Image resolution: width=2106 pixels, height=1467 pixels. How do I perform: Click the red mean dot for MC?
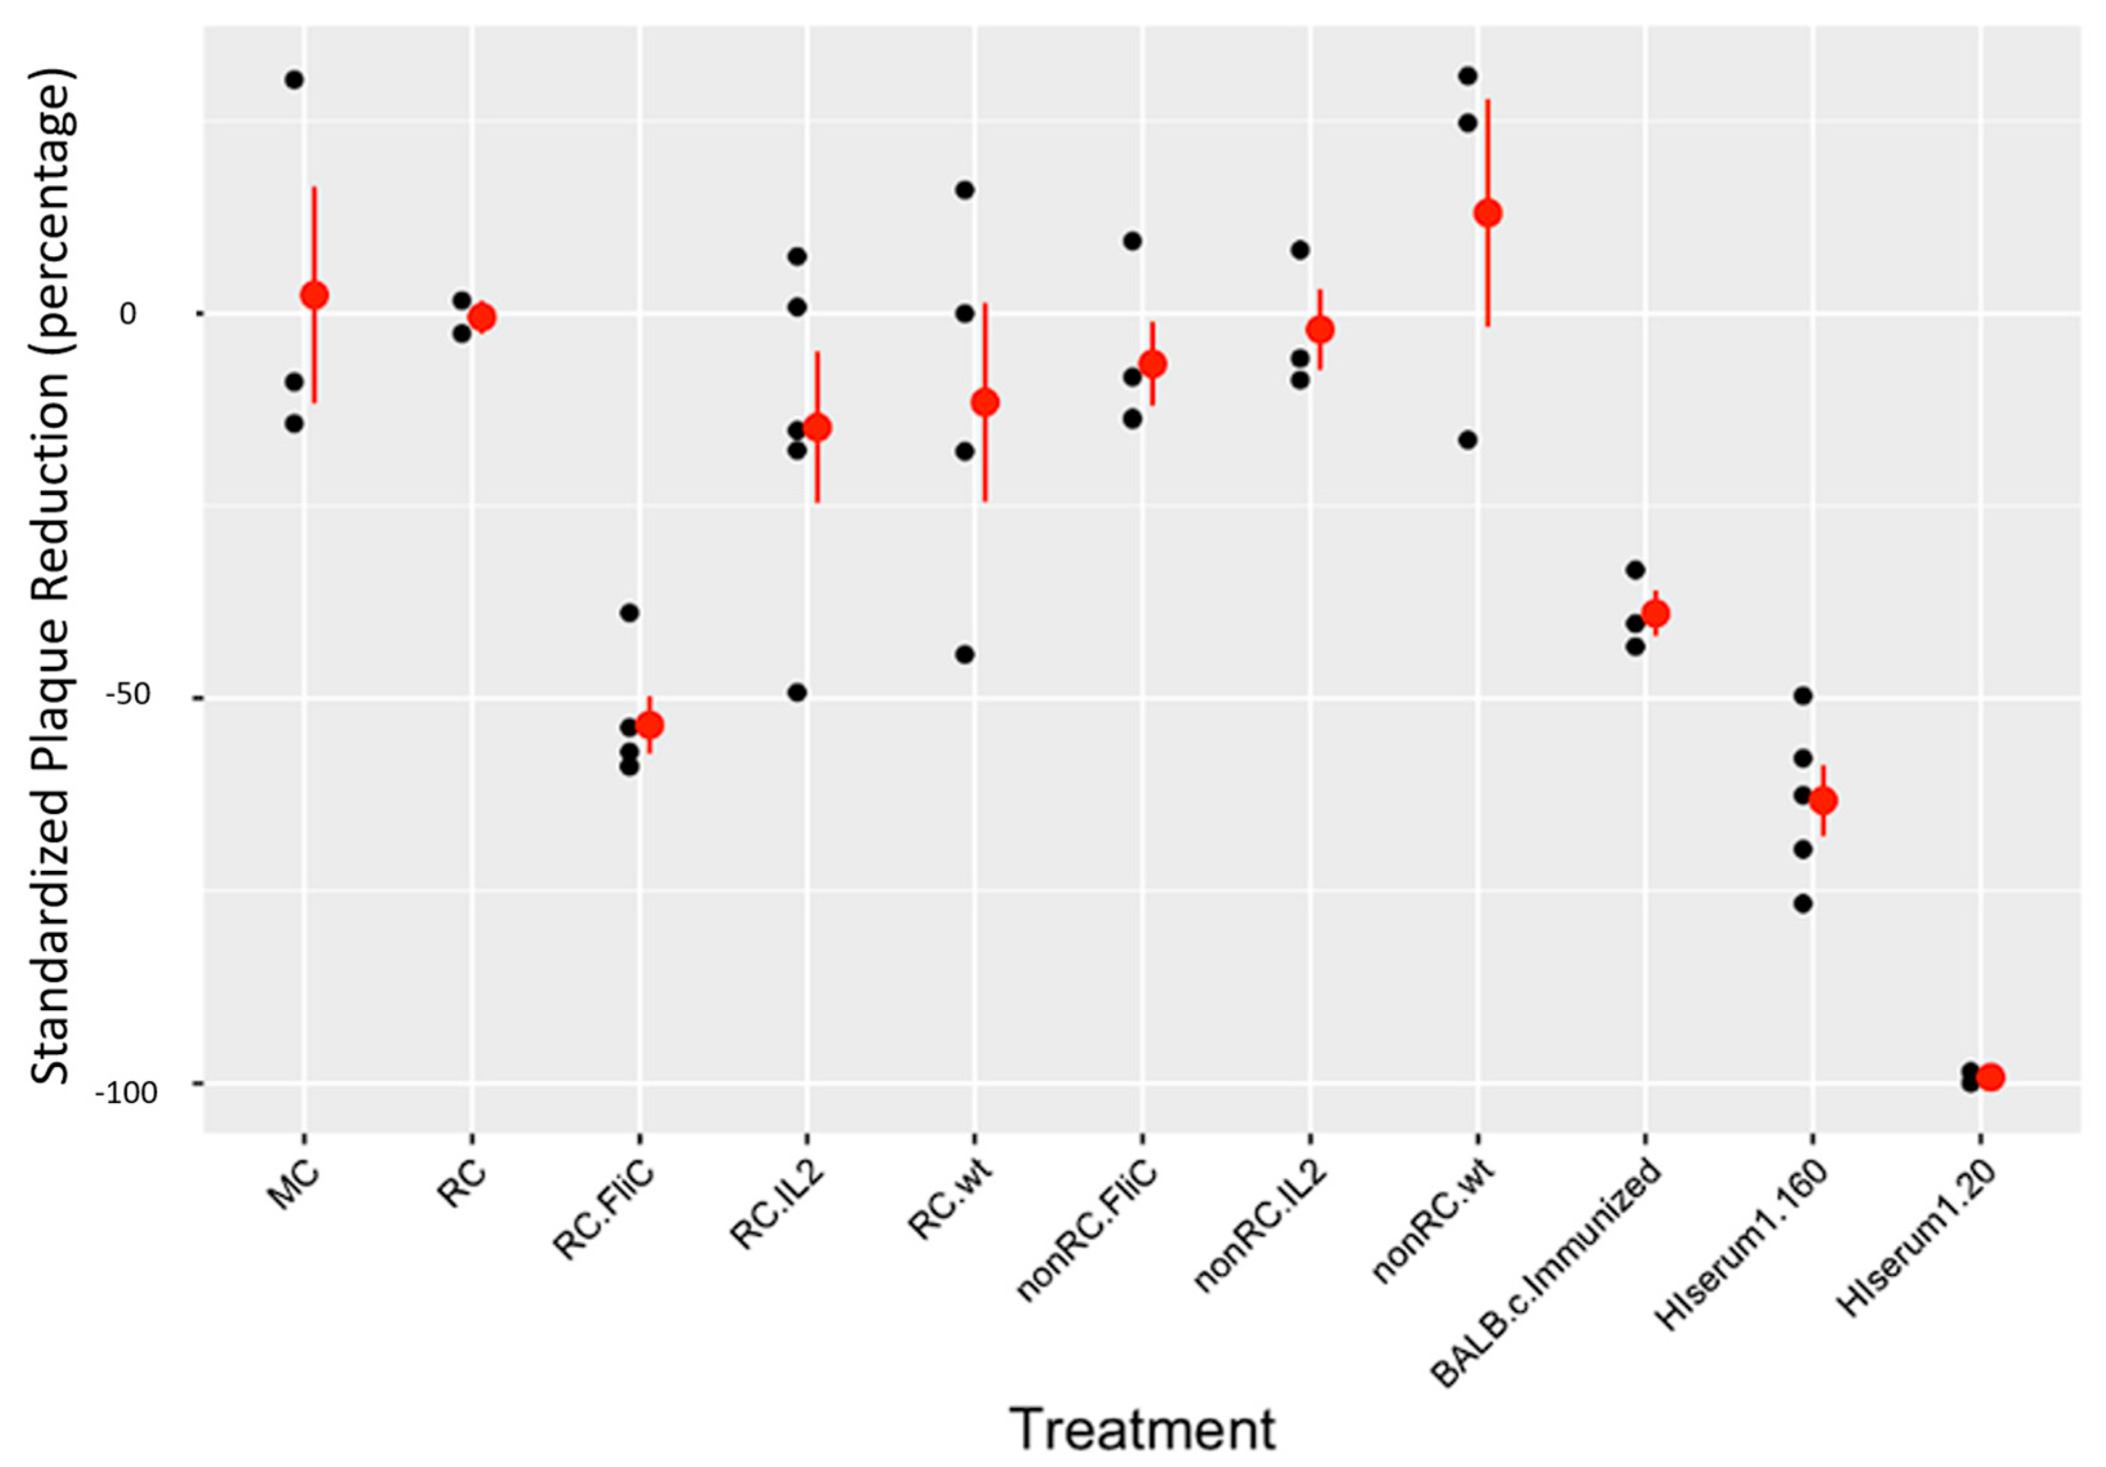pos(314,295)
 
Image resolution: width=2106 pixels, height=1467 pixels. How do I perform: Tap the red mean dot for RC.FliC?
pos(649,725)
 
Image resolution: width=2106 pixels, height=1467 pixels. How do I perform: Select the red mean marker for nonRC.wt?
pos(1488,213)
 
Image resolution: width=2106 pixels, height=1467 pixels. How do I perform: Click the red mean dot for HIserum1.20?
pos(1990,1077)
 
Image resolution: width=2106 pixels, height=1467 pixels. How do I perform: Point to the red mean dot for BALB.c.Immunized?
pos(1655,614)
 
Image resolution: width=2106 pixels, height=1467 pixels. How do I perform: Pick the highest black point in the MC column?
pos(294,80)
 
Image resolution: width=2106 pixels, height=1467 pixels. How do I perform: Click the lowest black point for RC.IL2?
pos(797,692)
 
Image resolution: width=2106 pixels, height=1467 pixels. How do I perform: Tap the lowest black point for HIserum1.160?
pos(1803,903)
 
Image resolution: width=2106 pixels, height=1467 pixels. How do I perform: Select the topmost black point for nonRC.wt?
pos(1468,76)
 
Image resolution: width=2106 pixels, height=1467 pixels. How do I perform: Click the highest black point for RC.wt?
pos(965,190)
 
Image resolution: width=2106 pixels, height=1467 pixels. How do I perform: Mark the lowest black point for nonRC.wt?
pos(1468,439)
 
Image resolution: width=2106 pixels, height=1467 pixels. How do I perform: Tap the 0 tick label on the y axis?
pos(128,314)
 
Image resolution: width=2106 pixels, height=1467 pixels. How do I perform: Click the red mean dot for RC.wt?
pos(985,402)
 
